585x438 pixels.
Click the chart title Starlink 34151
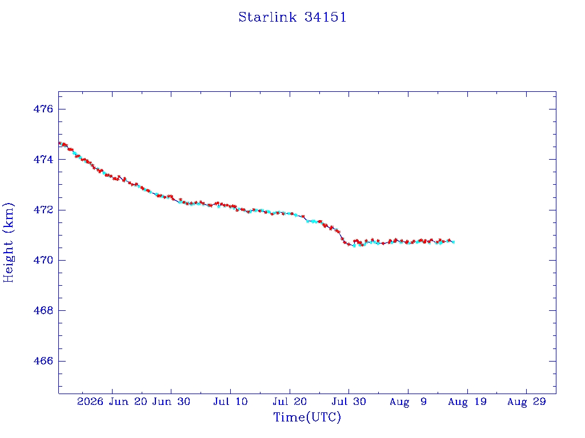pyautogui.click(x=292, y=17)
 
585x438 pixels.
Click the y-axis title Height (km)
pyautogui.click(x=8, y=242)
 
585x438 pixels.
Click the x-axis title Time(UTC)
pyautogui.click(x=307, y=417)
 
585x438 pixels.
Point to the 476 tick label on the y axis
pyautogui.click(x=43, y=109)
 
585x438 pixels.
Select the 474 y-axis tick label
pyautogui.click(x=43, y=160)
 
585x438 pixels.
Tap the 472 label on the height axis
pyautogui.click(x=43, y=210)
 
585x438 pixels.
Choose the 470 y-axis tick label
pyautogui.click(x=43, y=260)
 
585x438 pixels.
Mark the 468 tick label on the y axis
pyautogui.click(x=43, y=310)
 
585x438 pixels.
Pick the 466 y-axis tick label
pyautogui.click(x=43, y=361)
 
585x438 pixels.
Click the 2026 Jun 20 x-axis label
pyautogui.click(x=112, y=401)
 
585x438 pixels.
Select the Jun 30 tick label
pyautogui.click(x=171, y=401)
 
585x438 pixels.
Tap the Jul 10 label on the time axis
pyautogui.click(x=231, y=401)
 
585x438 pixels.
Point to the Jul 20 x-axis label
pyautogui.click(x=290, y=401)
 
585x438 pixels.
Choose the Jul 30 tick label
pyautogui.click(x=349, y=401)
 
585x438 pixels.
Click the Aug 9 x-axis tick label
pyautogui.click(x=408, y=401)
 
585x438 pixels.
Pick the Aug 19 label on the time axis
pyautogui.click(x=467, y=401)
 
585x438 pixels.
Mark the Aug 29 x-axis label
pyautogui.click(x=526, y=401)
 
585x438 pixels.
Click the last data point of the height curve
pyautogui.click(x=453, y=242)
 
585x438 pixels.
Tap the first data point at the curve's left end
pyautogui.click(x=60, y=143)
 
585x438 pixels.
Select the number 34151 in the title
pyautogui.click(x=325, y=17)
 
